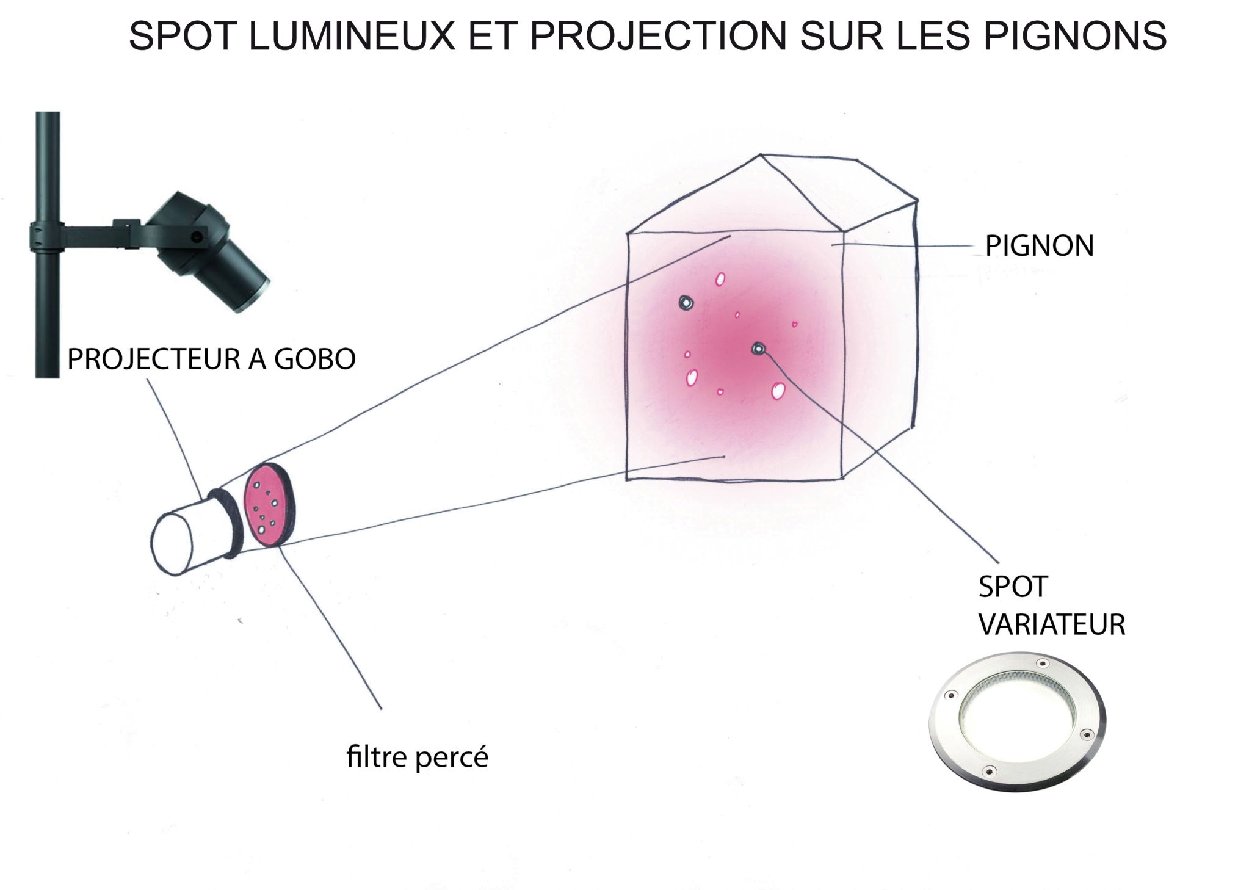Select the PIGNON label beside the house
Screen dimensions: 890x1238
[x=1040, y=246]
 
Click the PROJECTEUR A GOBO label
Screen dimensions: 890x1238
[x=211, y=359]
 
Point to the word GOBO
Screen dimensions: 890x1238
[x=314, y=359]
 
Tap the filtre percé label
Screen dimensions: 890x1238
[x=418, y=758]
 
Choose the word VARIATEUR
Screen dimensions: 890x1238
[x=1052, y=624]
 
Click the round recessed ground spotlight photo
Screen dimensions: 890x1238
[x=1017, y=723]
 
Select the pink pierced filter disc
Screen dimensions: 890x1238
[x=267, y=504]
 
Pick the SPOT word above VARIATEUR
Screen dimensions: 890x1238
[x=1013, y=587]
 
